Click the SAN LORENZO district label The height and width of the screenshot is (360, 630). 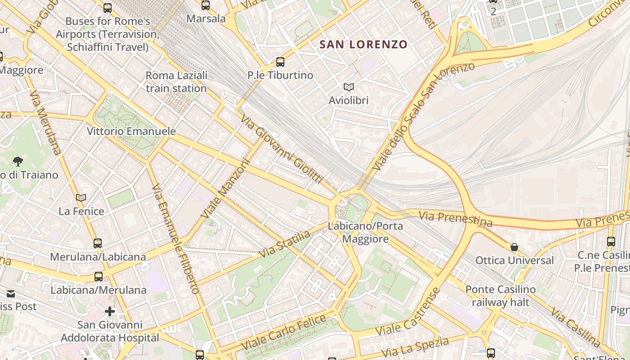click(363, 45)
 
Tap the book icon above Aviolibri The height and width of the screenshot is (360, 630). click(348, 87)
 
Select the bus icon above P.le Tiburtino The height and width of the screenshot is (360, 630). click(280, 62)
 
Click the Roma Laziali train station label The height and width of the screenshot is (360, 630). click(176, 82)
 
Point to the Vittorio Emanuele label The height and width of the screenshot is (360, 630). click(131, 131)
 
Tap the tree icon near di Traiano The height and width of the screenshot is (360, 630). click(18, 161)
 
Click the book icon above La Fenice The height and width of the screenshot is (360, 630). click(81, 198)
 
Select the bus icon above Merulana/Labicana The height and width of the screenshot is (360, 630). click(98, 243)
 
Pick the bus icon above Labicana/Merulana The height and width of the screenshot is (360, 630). click(99, 277)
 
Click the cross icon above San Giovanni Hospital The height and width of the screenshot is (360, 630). click(110, 311)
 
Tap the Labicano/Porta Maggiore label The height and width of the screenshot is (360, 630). click(365, 232)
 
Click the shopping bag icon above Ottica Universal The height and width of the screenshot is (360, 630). click(514, 247)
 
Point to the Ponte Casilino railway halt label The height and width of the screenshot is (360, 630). click(500, 296)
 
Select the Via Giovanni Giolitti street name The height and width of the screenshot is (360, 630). click(282, 149)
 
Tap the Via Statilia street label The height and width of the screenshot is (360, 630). click(284, 244)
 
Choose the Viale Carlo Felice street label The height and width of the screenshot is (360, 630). click(283, 333)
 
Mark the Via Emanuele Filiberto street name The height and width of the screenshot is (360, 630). click(176, 238)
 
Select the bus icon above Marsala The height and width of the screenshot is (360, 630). click(206, 5)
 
